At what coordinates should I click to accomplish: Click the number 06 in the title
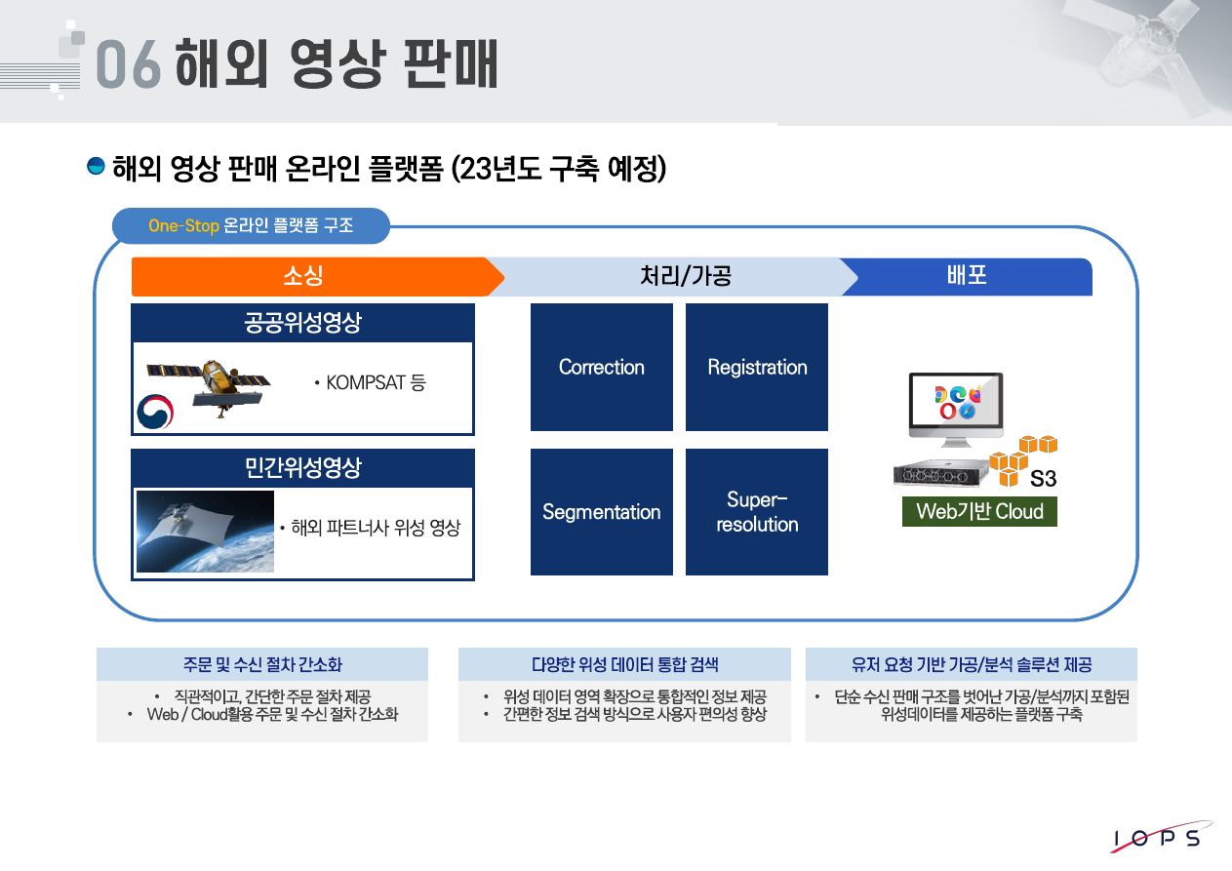tap(128, 65)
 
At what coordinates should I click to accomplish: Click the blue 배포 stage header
tap(967, 276)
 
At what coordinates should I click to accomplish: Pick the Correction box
tap(601, 367)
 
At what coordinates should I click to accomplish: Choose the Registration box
tap(757, 367)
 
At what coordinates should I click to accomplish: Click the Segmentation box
tap(601, 512)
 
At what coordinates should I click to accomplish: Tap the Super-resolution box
tap(757, 512)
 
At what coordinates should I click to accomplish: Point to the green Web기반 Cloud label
tap(979, 512)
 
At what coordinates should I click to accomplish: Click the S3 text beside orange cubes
tap(1043, 479)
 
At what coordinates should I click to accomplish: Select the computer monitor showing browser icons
tap(955, 406)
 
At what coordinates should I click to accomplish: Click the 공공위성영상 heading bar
tap(302, 322)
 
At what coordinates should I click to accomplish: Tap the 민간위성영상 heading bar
tap(302, 467)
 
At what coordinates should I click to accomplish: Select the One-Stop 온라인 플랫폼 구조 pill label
tap(251, 225)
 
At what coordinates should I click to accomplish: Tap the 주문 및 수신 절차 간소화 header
tap(262, 664)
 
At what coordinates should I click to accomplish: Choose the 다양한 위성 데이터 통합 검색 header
tap(624, 664)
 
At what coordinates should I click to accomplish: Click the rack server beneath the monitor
tap(937, 475)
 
